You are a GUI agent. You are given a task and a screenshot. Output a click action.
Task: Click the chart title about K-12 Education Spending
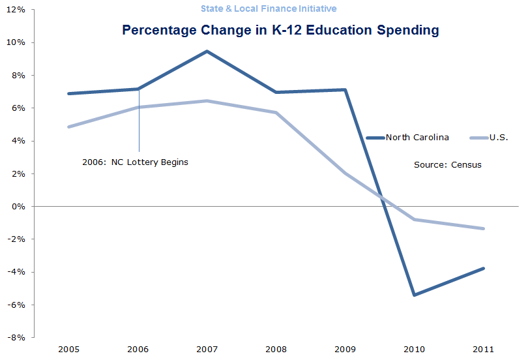[x=280, y=30]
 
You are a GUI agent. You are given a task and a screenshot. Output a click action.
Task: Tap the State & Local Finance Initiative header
[x=269, y=8]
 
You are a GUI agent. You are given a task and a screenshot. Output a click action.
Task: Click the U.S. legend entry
[x=498, y=137]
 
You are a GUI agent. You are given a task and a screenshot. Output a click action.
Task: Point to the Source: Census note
[x=447, y=165]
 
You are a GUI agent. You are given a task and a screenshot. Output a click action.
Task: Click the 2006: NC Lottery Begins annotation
[x=135, y=162]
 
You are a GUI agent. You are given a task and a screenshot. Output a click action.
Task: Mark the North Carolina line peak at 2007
[x=207, y=51]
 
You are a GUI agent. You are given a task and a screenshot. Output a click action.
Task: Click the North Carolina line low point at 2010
[x=415, y=295]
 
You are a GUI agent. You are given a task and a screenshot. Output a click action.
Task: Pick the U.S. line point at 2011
[x=483, y=228]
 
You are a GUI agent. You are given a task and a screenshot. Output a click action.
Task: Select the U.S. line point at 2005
[x=68, y=127]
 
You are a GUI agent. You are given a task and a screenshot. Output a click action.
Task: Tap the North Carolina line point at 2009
[x=345, y=89]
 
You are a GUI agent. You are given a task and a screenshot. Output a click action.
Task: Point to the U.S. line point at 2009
[x=345, y=173]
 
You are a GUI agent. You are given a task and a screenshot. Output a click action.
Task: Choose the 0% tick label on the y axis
[x=19, y=206]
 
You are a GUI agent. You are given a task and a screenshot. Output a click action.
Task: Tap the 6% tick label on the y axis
[x=19, y=108]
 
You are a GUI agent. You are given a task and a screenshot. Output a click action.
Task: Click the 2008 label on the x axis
[x=276, y=349]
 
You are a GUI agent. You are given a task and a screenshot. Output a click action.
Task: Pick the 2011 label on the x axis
[x=483, y=349]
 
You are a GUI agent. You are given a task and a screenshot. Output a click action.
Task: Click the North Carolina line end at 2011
[x=483, y=268]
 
